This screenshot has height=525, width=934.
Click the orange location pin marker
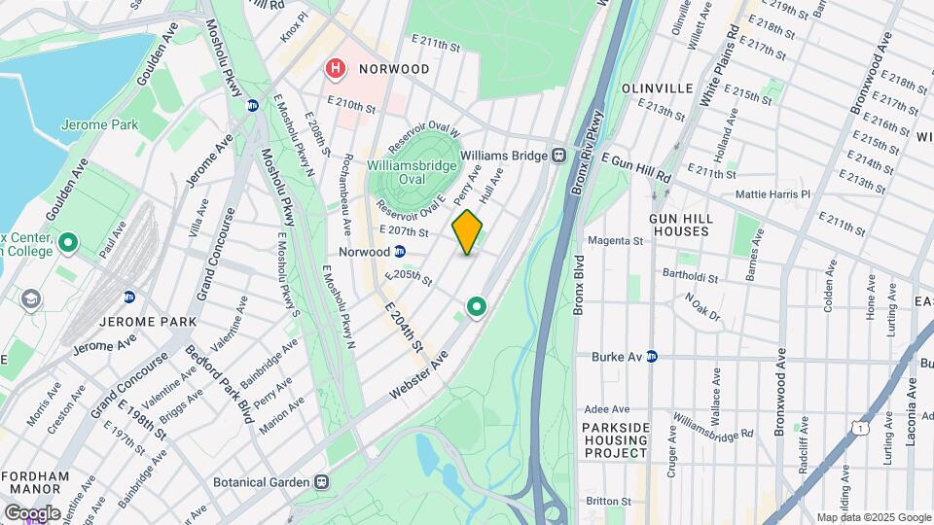click(467, 231)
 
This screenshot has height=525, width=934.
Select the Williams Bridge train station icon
click(559, 155)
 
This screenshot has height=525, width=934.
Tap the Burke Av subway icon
click(652, 357)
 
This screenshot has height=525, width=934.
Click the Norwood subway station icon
click(399, 251)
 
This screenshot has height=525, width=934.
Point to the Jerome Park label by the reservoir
click(99, 125)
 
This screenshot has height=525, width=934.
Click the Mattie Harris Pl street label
click(773, 194)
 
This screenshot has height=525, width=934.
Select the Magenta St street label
click(618, 240)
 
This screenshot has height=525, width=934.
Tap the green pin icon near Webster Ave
click(477, 307)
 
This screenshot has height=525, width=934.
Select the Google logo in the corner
click(32, 512)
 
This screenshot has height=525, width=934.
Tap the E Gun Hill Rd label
click(636, 166)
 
